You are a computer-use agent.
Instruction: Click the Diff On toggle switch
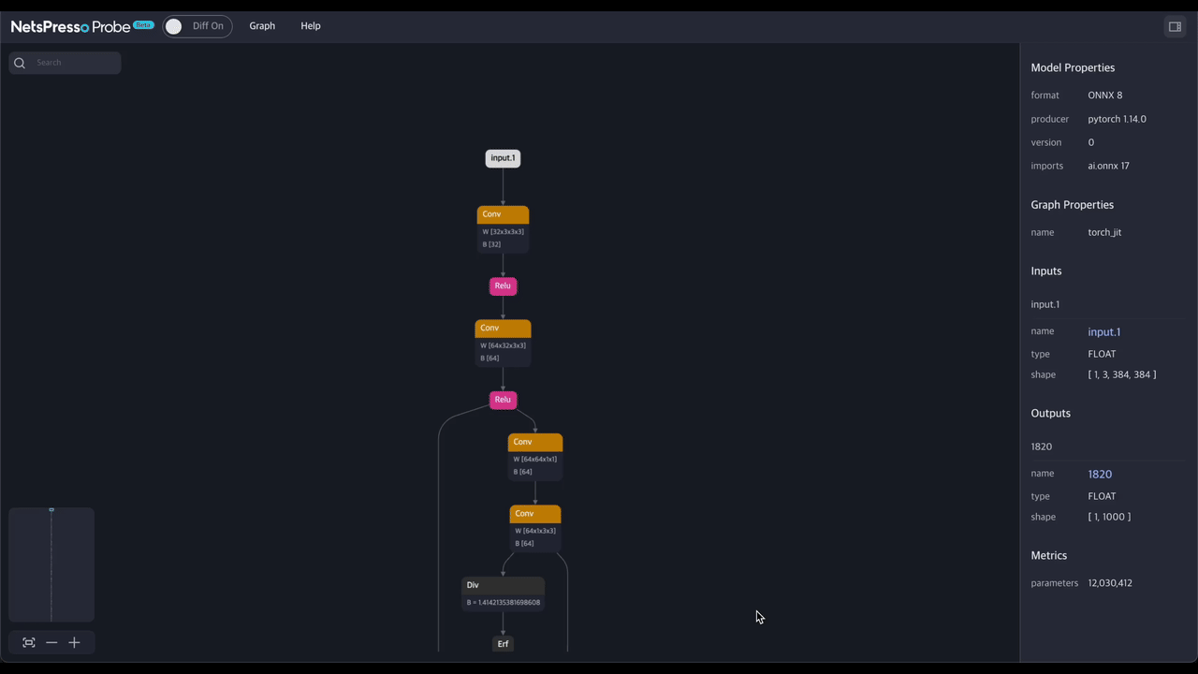(197, 26)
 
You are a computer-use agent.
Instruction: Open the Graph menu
(262, 25)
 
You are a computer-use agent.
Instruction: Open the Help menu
(310, 25)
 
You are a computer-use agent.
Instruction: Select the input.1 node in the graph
(503, 158)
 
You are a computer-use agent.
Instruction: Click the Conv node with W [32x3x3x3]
(503, 229)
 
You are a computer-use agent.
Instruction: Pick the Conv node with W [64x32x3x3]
(503, 343)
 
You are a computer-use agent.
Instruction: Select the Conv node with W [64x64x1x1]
(534, 457)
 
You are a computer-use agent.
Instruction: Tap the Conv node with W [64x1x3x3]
(534, 529)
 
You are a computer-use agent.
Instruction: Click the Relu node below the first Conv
(503, 286)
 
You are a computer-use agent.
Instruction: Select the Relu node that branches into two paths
(503, 400)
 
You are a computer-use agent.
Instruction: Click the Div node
(503, 593)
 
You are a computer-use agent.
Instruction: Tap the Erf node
(503, 644)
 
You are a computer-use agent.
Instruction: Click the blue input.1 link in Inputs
(1103, 331)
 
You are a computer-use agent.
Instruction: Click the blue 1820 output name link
(1100, 474)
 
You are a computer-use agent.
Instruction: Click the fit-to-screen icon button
(29, 642)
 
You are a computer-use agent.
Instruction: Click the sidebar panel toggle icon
(1175, 27)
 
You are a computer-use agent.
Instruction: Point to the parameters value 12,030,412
(1110, 583)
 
